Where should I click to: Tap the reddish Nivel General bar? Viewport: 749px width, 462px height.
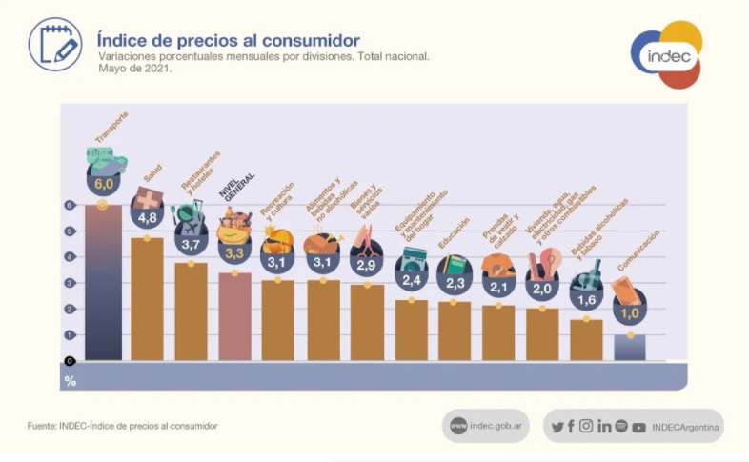coord(234,316)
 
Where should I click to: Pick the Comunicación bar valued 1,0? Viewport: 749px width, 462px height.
coord(630,347)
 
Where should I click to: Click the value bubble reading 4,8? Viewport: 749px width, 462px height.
coord(148,218)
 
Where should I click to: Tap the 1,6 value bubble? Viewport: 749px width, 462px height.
coord(586,297)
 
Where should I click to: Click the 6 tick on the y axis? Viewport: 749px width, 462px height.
coord(70,205)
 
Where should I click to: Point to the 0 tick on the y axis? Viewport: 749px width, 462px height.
coord(70,360)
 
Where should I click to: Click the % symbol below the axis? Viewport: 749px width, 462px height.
coord(70,381)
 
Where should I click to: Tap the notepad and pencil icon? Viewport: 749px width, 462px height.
coord(54,44)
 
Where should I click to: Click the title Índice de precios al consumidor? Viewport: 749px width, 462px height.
coord(229,41)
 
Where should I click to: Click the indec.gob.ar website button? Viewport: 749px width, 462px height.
coord(485,426)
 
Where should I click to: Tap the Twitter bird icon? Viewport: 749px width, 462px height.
coord(557,427)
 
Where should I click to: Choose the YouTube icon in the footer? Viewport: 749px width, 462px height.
coord(638,427)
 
